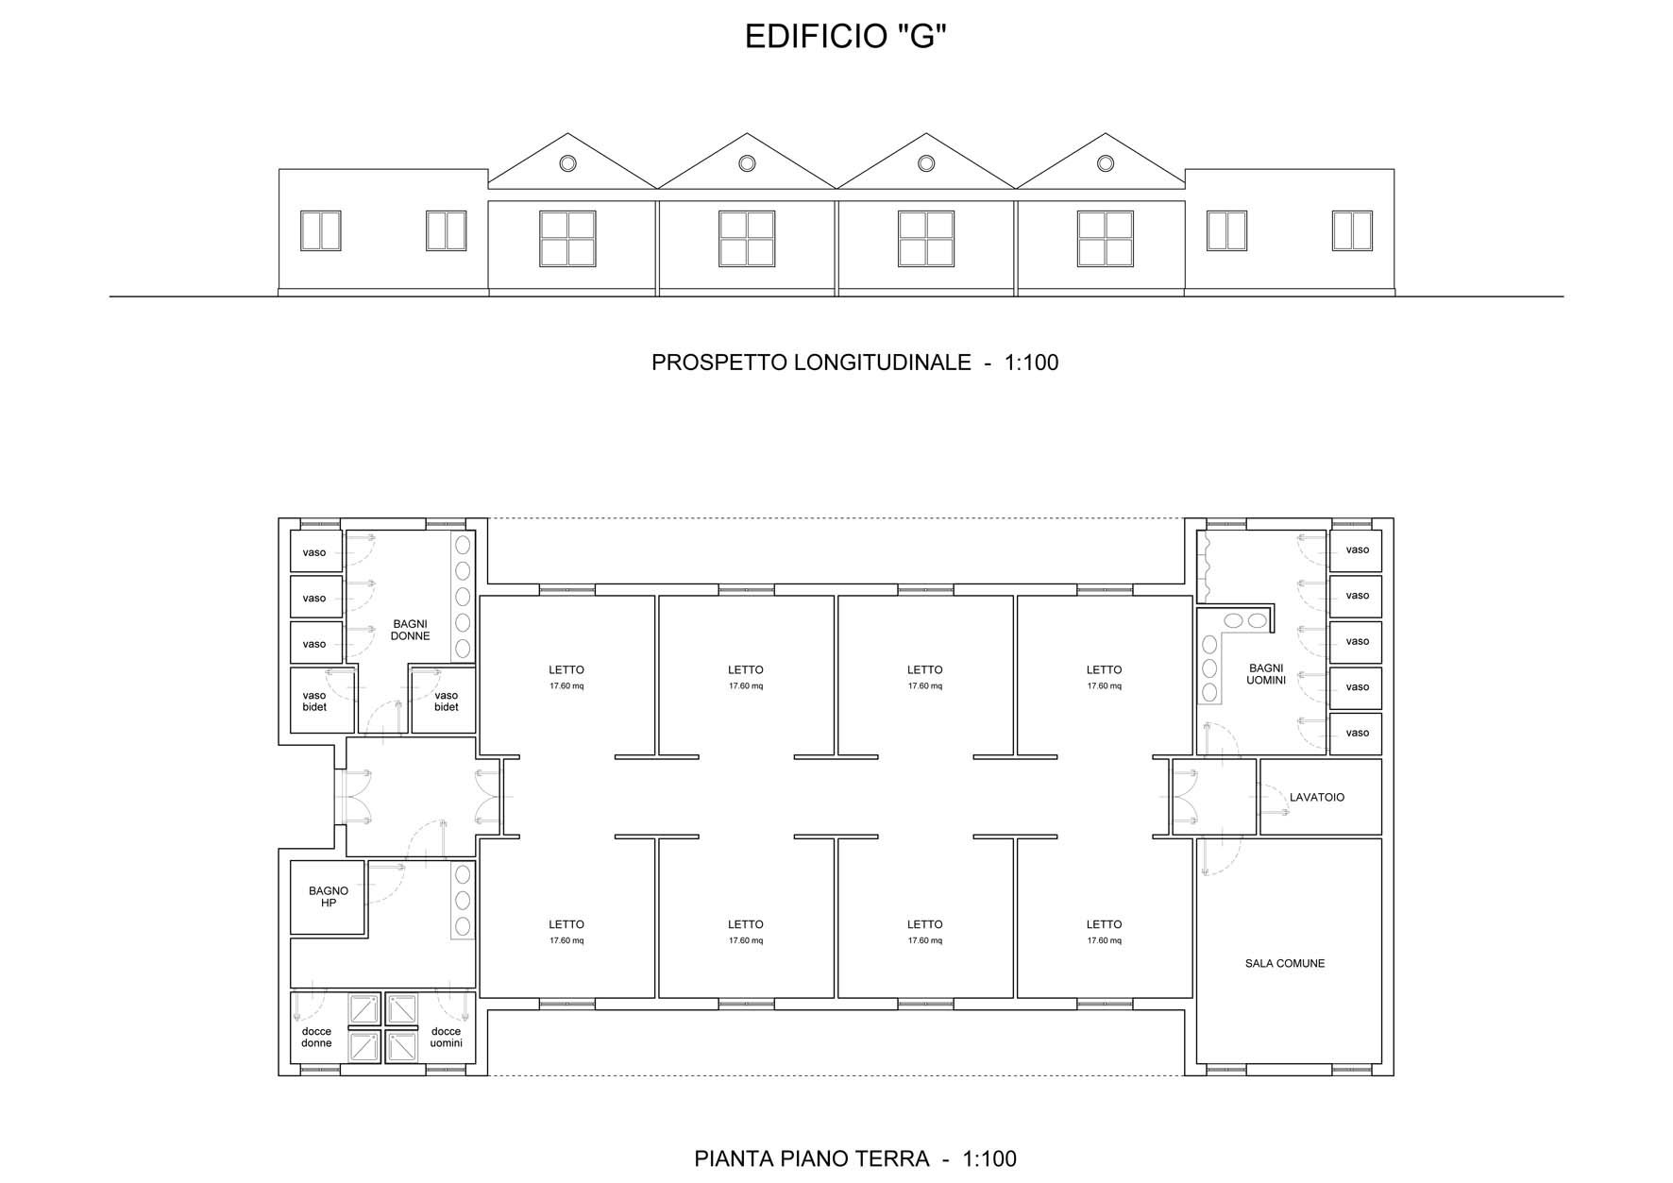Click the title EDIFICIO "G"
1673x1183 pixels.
pyautogui.click(x=845, y=36)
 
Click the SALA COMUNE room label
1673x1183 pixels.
pyautogui.click(x=1284, y=964)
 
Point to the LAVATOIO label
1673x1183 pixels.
pyautogui.click(x=1317, y=798)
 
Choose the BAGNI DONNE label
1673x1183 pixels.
pyautogui.click(x=411, y=630)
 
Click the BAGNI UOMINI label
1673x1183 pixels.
pyautogui.click(x=1266, y=674)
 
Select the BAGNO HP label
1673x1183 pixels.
pyautogui.click(x=329, y=897)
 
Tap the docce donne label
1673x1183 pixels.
pyautogui.click(x=316, y=1038)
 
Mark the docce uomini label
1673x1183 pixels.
pyautogui.click(x=446, y=1038)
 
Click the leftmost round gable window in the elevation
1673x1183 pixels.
pyautogui.click(x=567, y=163)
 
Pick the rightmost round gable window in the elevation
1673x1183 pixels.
pyautogui.click(x=1106, y=163)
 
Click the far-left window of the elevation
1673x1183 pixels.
pyautogui.click(x=320, y=230)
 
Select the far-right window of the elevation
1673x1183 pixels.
pyautogui.click(x=1352, y=230)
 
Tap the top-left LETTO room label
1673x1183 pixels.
pyautogui.click(x=566, y=670)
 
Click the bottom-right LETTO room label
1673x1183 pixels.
pyautogui.click(x=1104, y=925)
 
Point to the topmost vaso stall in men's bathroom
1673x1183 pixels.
pyautogui.click(x=1356, y=550)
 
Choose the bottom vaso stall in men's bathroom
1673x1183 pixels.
pyautogui.click(x=1356, y=734)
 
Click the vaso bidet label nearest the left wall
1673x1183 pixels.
pyautogui.click(x=314, y=701)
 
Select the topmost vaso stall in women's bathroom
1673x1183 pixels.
pyautogui.click(x=315, y=552)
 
